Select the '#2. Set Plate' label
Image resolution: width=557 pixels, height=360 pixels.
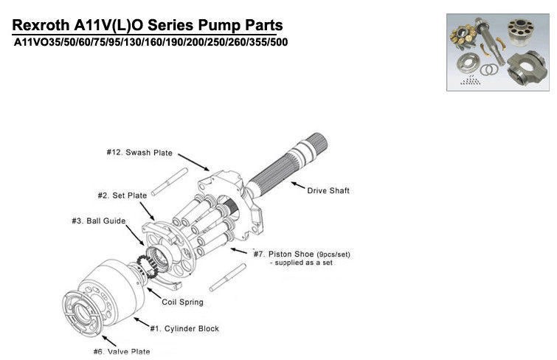(122, 195)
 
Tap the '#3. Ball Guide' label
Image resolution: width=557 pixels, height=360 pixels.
(98, 221)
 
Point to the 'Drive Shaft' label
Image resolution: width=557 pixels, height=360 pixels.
(328, 191)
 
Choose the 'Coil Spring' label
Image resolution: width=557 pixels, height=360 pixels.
(184, 302)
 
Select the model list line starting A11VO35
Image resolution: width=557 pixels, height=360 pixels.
(151, 42)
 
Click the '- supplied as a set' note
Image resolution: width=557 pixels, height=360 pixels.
(301, 263)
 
